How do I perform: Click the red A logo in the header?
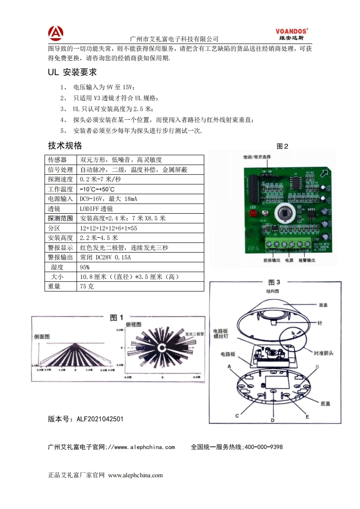[x=56, y=33]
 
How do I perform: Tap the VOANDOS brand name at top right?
[x=291, y=31]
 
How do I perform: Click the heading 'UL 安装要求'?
[x=72, y=73]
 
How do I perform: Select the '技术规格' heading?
[x=65, y=146]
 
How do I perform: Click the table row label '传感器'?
[x=57, y=160]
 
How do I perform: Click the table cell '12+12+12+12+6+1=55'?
[x=108, y=228]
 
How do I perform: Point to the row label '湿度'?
[x=57, y=267]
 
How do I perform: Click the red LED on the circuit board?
[x=252, y=212]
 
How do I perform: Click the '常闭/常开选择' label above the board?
[x=256, y=157]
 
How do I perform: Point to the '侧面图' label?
[x=42, y=337]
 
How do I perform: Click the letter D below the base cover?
[x=272, y=420]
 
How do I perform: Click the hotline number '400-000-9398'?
[x=264, y=447]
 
